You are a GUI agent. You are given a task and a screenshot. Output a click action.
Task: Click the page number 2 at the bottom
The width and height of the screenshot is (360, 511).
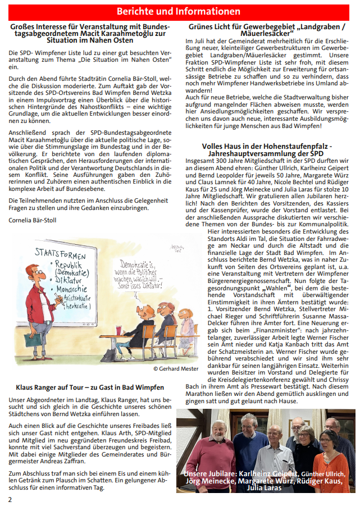(10, 499)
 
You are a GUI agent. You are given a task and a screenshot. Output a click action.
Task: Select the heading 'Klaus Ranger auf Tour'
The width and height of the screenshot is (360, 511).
(90, 387)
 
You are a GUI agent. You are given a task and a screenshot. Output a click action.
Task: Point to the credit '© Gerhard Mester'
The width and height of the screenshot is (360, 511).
(175, 369)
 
